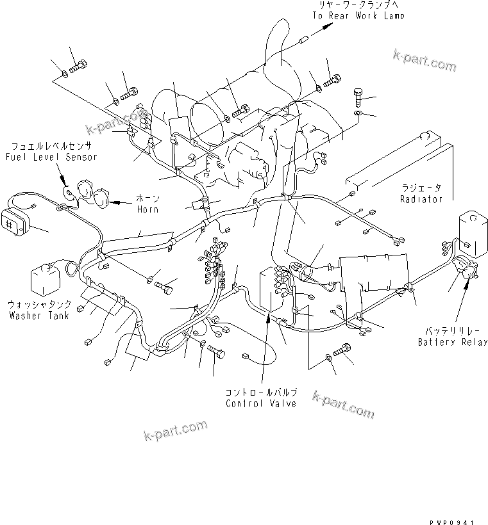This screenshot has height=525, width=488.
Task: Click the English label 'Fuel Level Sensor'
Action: pos(51,157)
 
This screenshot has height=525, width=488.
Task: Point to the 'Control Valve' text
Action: pos(261,403)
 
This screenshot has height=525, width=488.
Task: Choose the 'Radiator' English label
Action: pos(421,199)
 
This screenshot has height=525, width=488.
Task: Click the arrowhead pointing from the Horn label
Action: pos(115,202)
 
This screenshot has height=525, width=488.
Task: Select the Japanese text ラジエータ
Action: pos(421,188)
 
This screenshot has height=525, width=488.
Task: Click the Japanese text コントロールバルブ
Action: pos(261,392)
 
